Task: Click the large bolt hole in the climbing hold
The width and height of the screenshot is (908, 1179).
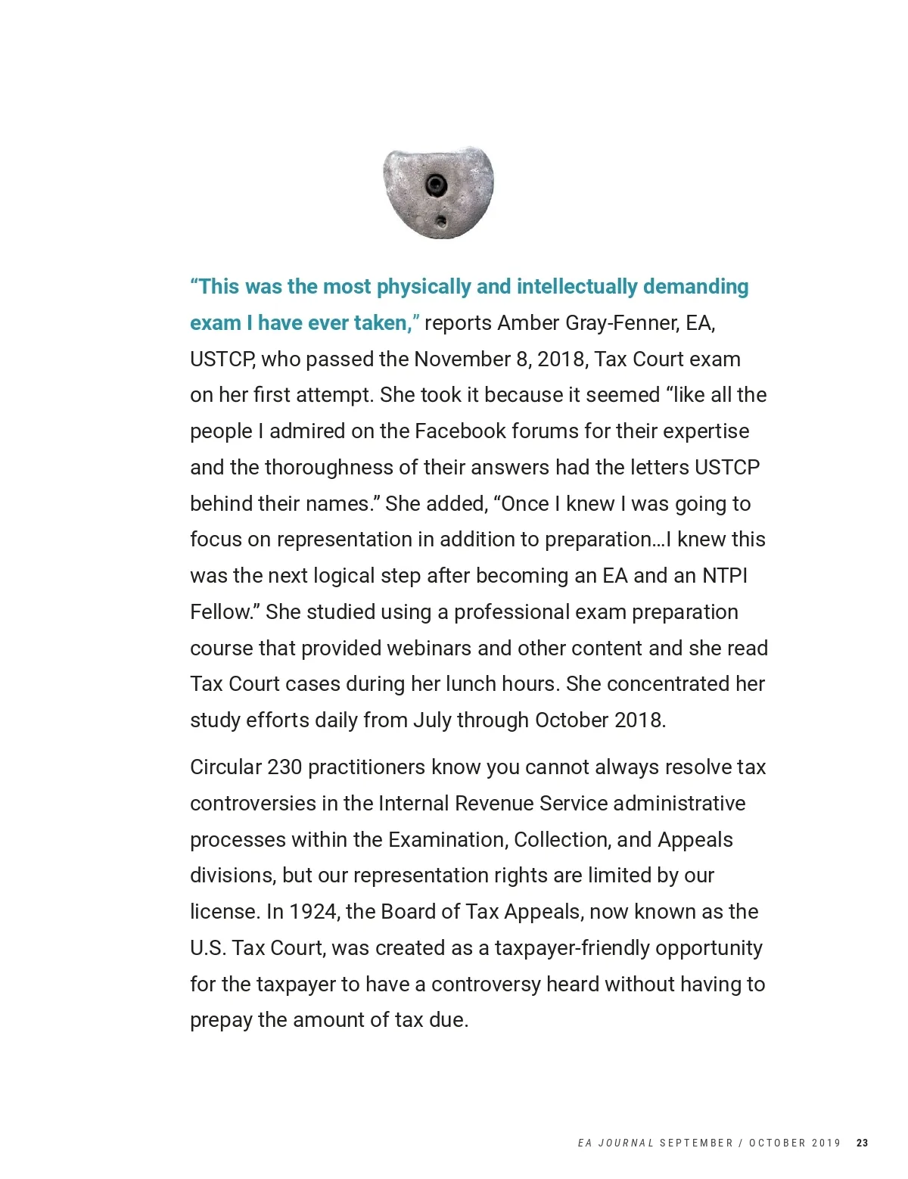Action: tap(436, 184)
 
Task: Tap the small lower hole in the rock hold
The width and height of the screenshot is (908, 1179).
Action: tap(441, 221)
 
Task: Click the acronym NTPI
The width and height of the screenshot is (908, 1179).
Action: tap(724, 576)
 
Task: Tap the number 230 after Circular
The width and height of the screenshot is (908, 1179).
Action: tap(285, 767)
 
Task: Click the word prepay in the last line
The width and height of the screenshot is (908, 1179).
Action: tap(221, 1021)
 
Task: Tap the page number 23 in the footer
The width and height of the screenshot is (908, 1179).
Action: tap(862, 1143)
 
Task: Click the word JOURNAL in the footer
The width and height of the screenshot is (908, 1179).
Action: tap(626, 1143)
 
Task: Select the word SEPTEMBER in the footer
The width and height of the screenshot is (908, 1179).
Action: tap(696, 1143)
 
